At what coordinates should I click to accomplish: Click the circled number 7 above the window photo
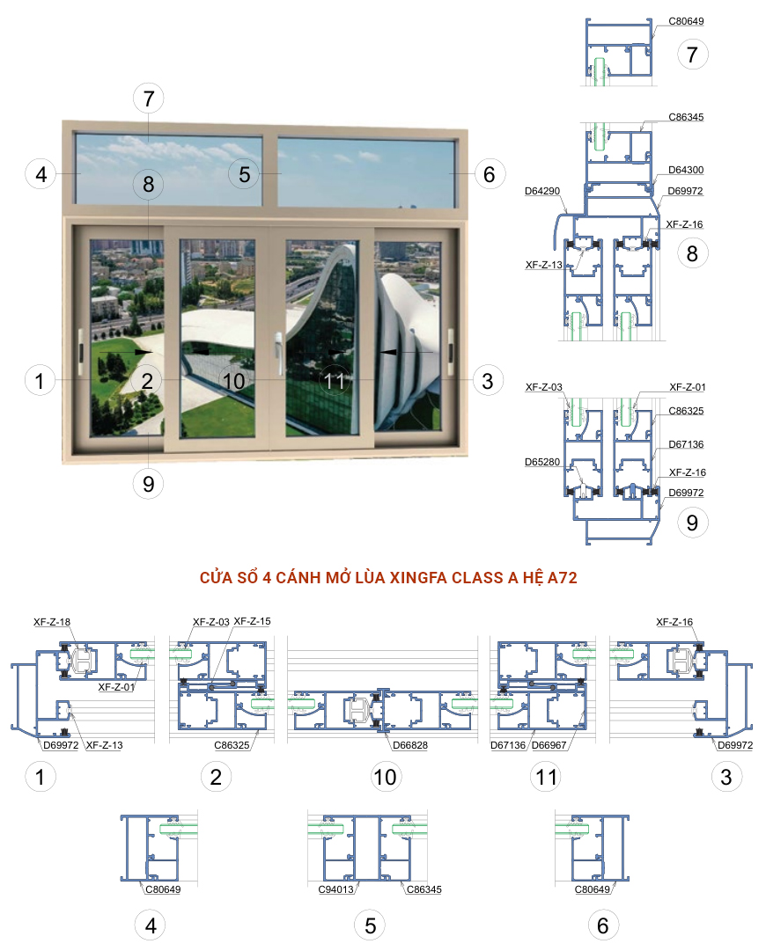pos(148,98)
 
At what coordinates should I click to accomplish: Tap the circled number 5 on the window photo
pos(244,173)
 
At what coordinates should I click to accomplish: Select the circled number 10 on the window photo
pos(233,381)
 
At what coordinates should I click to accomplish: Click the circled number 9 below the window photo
pos(148,482)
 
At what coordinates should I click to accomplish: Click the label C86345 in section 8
pos(686,117)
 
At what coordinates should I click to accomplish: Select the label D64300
pos(686,170)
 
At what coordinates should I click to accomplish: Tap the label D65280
pos(541,460)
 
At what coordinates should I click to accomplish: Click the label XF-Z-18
pos(51,622)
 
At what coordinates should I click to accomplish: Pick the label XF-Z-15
pos(252,622)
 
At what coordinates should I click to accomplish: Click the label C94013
pos(335,889)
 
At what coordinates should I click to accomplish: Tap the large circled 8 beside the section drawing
pos(692,254)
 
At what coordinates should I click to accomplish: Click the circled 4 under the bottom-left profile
pos(151,925)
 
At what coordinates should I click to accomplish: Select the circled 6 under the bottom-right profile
pos(603,925)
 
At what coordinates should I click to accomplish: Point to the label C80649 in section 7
pos(686,21)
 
